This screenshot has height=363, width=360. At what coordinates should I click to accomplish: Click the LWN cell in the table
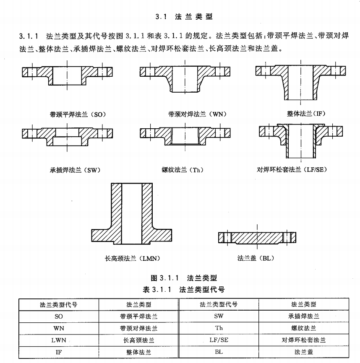point(59,340)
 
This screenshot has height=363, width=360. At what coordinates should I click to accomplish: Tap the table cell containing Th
point(219,328)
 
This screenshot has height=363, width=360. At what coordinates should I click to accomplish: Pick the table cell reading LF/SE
point(219,340)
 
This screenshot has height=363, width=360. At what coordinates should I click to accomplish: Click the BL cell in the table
point(219,352)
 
